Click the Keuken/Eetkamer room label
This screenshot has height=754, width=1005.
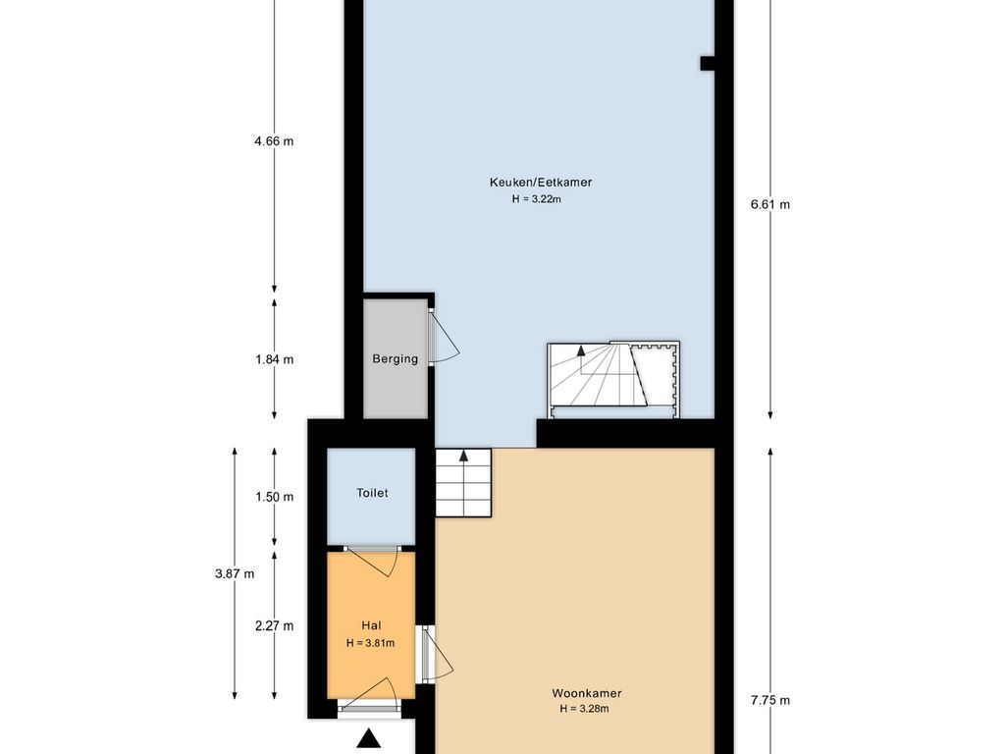coord(541,182)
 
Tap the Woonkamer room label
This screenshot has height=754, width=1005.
coord(587,693)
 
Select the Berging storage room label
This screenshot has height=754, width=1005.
coord(395,359)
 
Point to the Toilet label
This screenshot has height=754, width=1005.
coord(372,493)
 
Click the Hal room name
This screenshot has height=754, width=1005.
coord(371,625)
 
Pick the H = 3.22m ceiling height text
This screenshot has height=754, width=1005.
coord(537,199)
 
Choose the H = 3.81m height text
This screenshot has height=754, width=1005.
coord(370,643)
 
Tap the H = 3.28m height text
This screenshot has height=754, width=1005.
coord(584,709)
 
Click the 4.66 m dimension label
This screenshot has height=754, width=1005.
coord(274,141)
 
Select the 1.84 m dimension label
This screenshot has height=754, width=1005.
coord(275,359)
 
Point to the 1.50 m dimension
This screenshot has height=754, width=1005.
coord(275,497)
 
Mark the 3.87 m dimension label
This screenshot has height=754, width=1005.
coord(235,573)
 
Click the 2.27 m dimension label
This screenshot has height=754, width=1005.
coord(275,626)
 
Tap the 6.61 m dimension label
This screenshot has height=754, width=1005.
coord(770,205)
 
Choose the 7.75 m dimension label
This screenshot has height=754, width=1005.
coord(770,701)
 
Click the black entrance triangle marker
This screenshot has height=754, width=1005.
coord(369,739)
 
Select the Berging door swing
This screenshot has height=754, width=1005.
coord(444,338)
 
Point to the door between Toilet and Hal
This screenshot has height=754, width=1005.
coord(372,562)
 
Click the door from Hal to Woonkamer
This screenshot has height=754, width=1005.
coord(437,654)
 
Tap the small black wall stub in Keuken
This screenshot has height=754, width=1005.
coord(707,63)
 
